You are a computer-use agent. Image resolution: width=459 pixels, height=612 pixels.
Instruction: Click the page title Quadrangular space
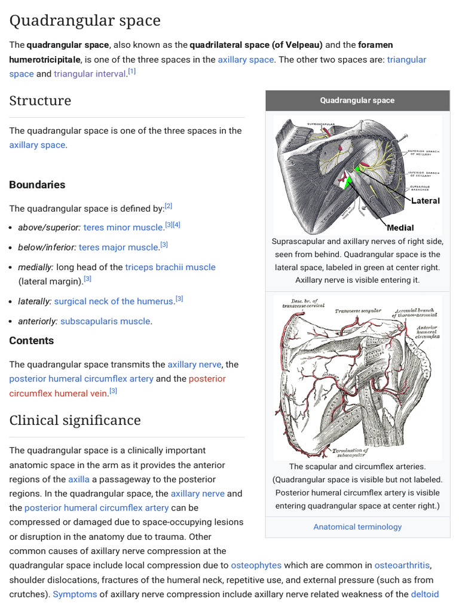(x=85, y=21)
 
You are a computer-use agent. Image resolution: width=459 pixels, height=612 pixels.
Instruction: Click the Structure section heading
(x=40, y=100)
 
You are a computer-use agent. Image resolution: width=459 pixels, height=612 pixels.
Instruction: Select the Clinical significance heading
(x=75, y=420)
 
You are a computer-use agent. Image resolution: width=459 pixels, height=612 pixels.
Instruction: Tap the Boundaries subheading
(x=37, y=185)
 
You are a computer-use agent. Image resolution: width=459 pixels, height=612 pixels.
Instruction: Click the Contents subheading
(x=31, y=341)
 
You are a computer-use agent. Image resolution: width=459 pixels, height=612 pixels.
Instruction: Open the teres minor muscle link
(x=123, y=227)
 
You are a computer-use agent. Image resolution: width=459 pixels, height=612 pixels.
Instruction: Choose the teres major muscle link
(x=118, y=247)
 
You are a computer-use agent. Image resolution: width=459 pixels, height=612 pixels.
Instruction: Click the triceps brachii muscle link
(x=170, y=267)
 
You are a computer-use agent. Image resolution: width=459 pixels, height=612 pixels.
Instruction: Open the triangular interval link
(x=90, y=74)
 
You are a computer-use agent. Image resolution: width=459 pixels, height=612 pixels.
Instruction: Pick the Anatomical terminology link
(x=357, y=527)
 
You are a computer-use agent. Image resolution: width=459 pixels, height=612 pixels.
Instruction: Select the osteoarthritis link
(x=402, y=565)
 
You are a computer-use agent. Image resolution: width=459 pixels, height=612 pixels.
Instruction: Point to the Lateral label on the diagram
(x=426, y=201)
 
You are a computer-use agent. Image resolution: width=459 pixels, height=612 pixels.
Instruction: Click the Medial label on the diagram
(x=400, y=228)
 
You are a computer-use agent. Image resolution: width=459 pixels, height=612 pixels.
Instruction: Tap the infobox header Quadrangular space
(x=357, y=100)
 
